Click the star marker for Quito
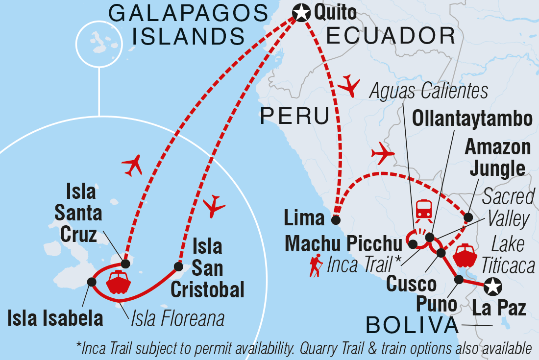(301, 12)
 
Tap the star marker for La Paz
(492, 286)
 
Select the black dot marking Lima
(336, 220)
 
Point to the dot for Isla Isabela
(91, 282)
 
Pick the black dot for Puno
(459, 280)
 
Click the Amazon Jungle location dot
(468, 217)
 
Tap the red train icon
(424, 209)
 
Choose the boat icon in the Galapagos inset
(118, 282)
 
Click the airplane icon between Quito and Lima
(349, 86)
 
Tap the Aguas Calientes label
(429, 91)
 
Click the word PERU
(294, 116)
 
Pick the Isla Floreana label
(177, 319)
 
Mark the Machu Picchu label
(344, 243)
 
